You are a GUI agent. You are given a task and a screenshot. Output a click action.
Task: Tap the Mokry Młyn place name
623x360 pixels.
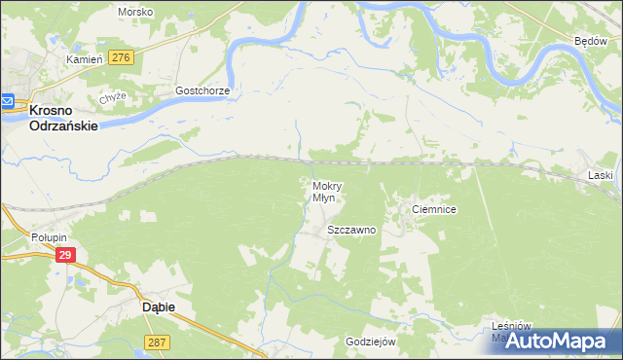(325, 191)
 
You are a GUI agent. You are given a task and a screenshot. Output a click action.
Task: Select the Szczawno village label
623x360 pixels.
(350, 231)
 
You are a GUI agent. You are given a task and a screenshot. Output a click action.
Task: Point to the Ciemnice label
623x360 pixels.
(434, 209)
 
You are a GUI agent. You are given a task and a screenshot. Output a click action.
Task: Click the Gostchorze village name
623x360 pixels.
(202, 90)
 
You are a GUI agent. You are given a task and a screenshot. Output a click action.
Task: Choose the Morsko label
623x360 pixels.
(135, 12)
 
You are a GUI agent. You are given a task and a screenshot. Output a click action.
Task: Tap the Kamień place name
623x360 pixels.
(84, 60)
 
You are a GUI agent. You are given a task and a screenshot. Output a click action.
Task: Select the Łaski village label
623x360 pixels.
(601, 175)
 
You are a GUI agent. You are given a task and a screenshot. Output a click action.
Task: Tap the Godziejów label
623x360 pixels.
(370, 342)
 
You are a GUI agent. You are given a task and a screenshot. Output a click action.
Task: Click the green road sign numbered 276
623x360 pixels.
(121, 58)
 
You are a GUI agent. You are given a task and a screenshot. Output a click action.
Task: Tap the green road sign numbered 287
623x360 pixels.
(157, 342)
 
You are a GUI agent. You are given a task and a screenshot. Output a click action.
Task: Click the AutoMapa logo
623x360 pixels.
(559, 341)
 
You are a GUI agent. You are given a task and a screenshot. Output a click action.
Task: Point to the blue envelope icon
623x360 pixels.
(6, 100)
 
